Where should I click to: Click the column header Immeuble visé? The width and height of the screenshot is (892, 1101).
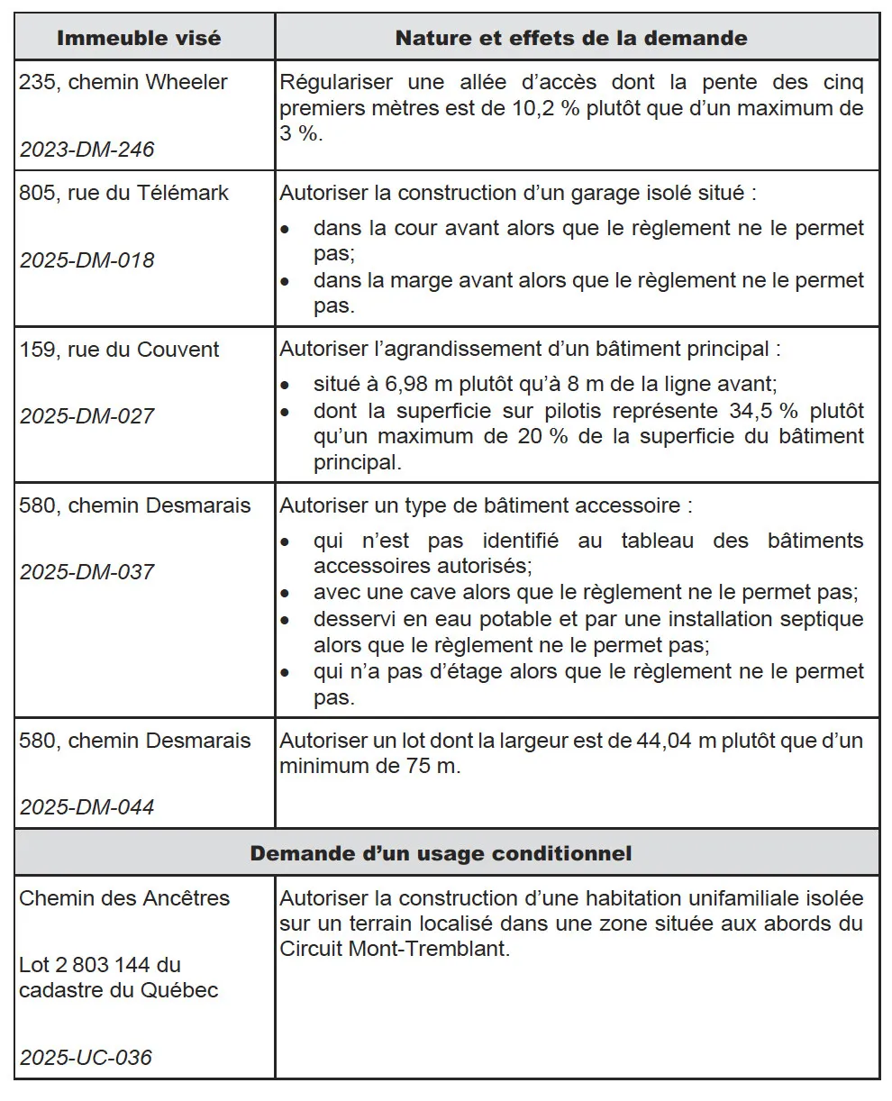click(139, 38)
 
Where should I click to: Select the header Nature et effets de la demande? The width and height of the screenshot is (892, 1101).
click(571, 38)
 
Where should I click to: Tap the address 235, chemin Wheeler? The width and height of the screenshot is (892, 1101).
click(123, 82)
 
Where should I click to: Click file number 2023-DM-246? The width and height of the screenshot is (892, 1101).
click(86, 150)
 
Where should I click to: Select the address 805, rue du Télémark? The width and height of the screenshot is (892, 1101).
click(124, 193)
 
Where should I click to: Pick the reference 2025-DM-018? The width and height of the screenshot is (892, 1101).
click(86, 260)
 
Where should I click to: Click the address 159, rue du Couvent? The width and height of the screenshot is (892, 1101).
click(119, 350)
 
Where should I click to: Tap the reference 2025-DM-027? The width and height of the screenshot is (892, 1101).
click(86, 416)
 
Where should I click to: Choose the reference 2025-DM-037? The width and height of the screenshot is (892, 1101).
click(86, 572)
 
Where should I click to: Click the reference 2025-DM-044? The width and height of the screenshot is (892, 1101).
click(86, 807)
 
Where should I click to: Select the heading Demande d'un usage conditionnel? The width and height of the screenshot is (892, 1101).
click(441, 853)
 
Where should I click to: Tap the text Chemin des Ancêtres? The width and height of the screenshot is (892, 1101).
click(124, 898)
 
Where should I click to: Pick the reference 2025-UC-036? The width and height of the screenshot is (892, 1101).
click(86, 1058)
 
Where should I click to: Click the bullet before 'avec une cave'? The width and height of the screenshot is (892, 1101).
click(285, 594)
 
